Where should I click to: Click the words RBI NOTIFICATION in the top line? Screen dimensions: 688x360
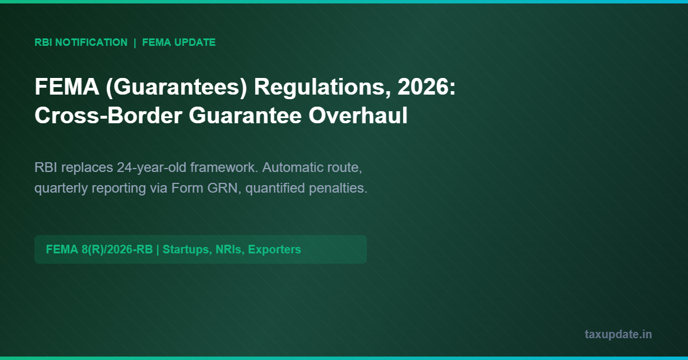point(81,42)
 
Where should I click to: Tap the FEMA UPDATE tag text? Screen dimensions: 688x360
point(179,42)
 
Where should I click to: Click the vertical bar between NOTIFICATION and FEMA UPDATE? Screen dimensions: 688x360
point(135,42)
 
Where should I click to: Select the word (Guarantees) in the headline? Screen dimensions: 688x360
point(177,87)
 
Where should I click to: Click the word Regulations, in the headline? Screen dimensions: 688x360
point(322,87)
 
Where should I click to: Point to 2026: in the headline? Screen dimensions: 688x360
point(427,87)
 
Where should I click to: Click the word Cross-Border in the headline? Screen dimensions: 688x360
point(108,116)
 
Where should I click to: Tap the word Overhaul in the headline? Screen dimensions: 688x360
point(358,115)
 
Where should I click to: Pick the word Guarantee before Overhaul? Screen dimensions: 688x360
point(245,116)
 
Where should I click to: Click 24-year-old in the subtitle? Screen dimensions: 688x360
point(151,168)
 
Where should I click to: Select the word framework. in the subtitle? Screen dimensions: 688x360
point(224,167)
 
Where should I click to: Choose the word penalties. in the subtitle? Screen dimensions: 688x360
point(338,188)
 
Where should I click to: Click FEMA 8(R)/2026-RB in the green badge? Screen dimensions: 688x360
point(99,249)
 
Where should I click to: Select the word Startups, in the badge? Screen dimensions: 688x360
point(187,250)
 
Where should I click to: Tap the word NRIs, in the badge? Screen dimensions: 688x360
point(230,250)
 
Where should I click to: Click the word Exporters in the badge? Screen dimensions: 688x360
point(274,249)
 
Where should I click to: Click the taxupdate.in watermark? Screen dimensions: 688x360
point(618,335)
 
